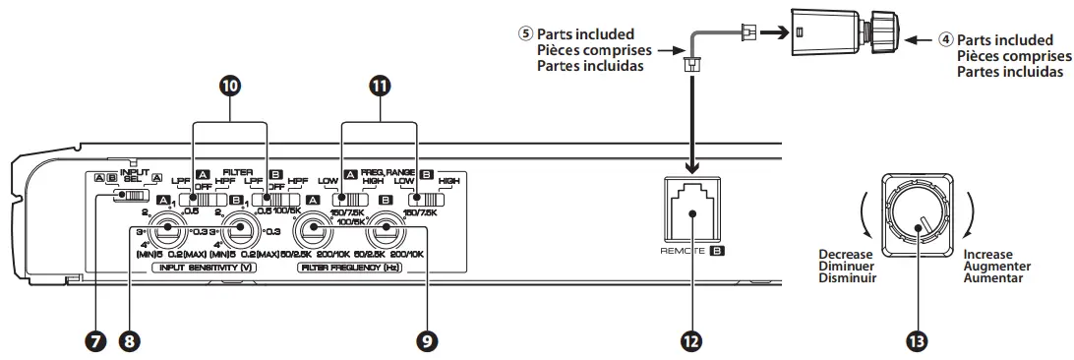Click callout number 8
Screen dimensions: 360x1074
pyautogui.click(x=129, y=340)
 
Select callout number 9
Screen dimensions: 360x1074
pyautogui.click(x=426, y=340)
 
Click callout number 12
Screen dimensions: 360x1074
pyautogui.click(x=690, y=340)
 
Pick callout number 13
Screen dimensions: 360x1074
pyautogui.click(x=919, y=340)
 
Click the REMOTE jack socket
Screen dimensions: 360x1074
pyautogui.click(x=690, y=203)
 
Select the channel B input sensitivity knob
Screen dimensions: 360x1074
pyautogui.click(x=238, y=233)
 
